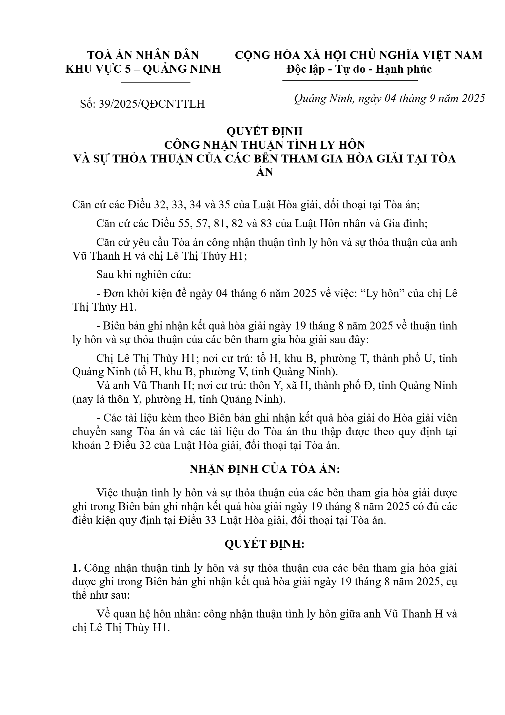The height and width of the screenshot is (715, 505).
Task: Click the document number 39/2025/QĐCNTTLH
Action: click(152, 104)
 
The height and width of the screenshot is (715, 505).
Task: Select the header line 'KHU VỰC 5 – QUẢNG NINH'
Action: click(143, 69)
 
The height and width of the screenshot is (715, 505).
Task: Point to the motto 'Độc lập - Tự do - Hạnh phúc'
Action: click(359, 69)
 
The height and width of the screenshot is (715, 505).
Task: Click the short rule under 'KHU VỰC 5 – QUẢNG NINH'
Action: click(156, 82)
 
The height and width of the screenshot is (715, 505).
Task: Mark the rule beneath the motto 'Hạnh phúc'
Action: click(350, 81)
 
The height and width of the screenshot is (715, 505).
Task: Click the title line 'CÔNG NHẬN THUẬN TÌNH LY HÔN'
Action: click(264, 145)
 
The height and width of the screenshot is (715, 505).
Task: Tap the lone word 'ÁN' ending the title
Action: click(265, 172)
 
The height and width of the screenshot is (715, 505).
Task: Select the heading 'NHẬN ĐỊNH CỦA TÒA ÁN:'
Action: click(265, 469)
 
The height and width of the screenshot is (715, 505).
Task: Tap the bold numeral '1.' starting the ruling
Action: click(77, 568)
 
